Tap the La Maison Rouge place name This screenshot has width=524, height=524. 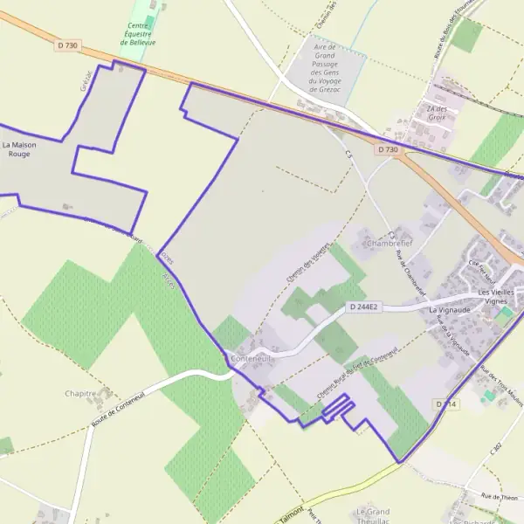coord(18,148)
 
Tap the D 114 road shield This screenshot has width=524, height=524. coord(445,403)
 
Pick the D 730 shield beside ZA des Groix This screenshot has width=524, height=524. coord(388,150)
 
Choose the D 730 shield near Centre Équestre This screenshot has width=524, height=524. coord(66,45)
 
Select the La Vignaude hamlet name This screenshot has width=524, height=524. coord(449,310)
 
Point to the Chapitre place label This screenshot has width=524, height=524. coord(80,394)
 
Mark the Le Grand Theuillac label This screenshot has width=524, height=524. coord(371,514)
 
